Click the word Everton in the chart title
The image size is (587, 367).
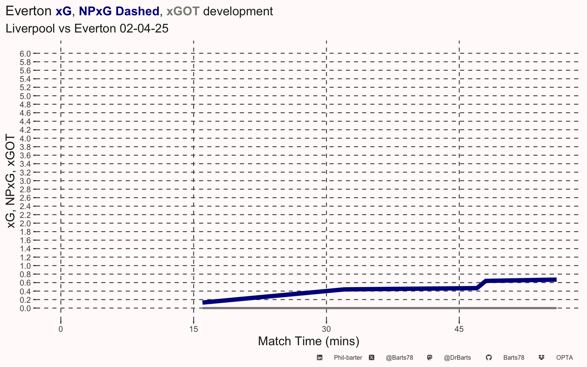coord(29,11)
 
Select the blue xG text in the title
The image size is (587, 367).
coord(63,11)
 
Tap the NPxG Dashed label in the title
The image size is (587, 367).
coord(119,11)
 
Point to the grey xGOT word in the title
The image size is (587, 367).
coord(183,11)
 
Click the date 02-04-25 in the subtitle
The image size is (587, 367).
coord(144,28)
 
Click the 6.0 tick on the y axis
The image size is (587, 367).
coord(25,54)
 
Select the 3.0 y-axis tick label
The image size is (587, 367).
coord(25,181)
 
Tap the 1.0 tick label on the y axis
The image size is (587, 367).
coord(25,266)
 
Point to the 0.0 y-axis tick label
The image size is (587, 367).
coord(25,309)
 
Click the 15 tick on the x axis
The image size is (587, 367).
coord(194,329)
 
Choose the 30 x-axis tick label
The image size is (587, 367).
coord(326,329)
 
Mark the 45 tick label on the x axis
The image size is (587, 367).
coord(459,329)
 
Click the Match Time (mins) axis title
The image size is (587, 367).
coord(308,341)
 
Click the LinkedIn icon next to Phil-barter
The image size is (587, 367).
coord(319,357)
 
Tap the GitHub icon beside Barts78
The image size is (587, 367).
coord(489,357)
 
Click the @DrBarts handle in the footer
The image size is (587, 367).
coord(457,358)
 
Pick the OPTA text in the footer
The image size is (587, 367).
coord(564,358)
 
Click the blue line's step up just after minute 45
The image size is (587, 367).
coord(482,284)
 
